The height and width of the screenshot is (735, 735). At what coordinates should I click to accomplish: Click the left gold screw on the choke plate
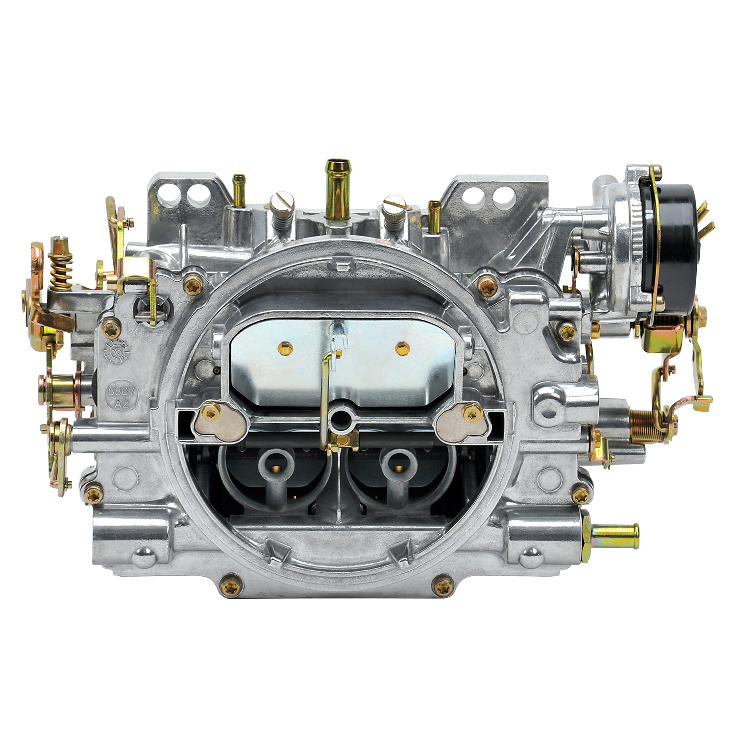pos(285,348)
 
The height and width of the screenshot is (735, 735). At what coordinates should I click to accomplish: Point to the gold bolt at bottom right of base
pos(444,586)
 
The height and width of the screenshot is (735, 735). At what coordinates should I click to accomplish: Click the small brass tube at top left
pos(239,191)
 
